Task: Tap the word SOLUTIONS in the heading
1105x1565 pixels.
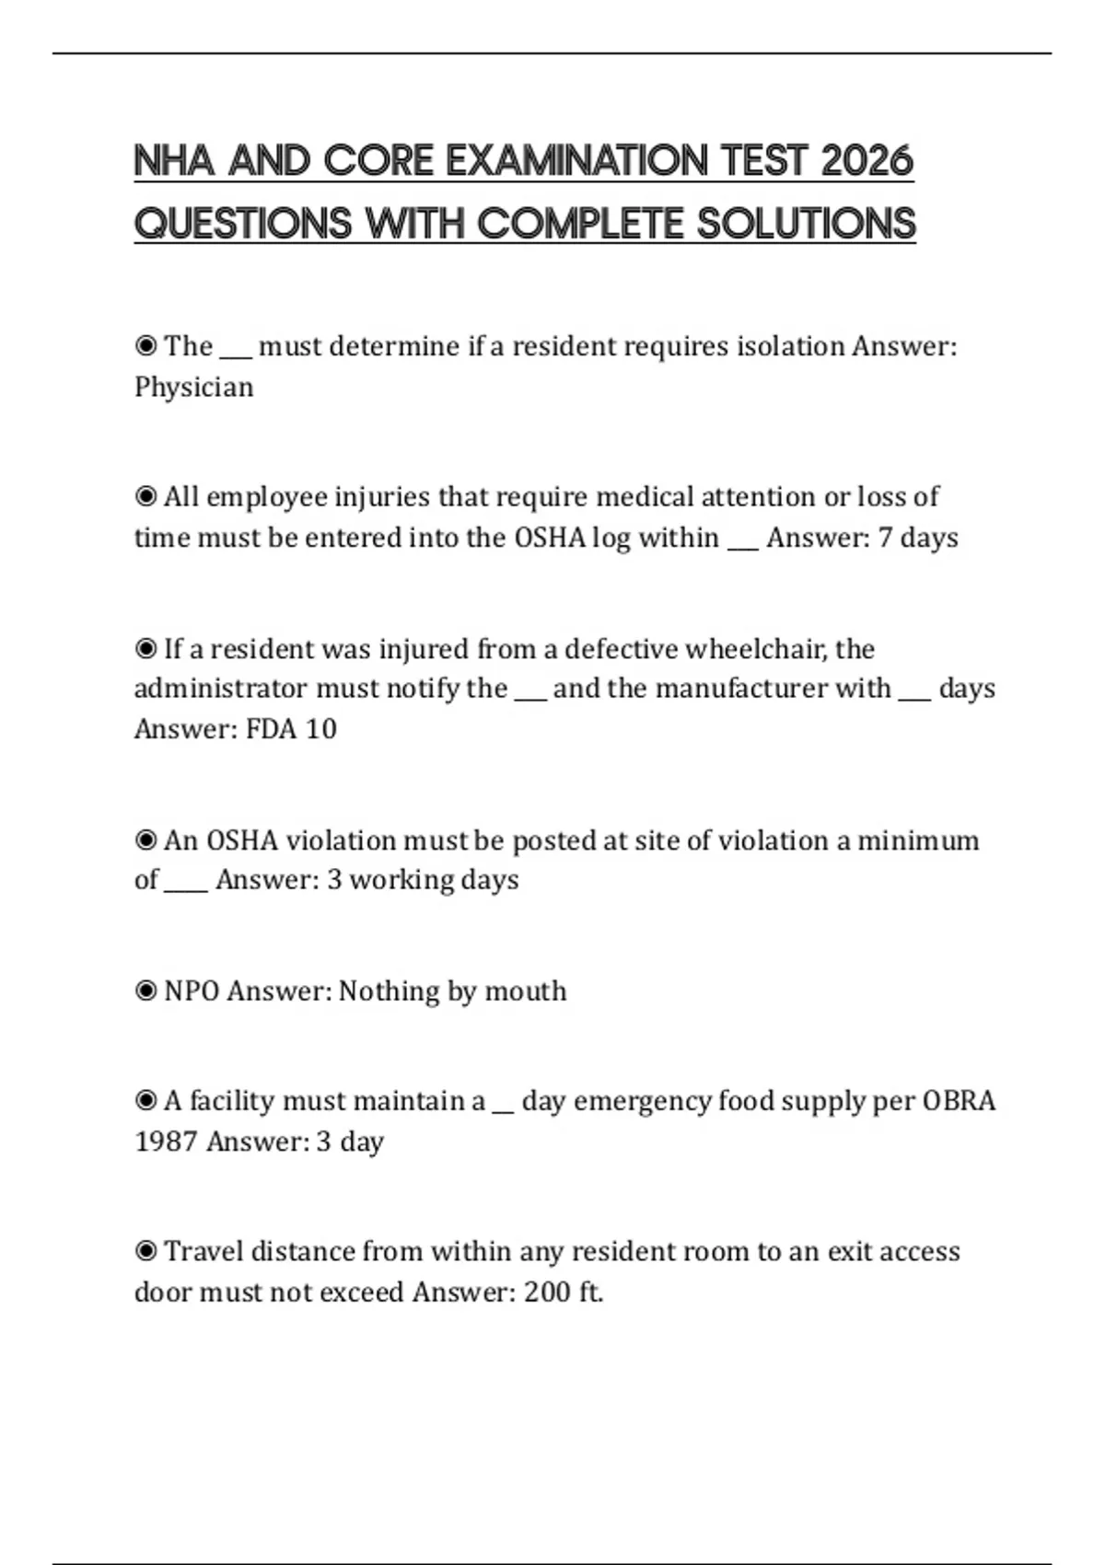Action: tap(806, 224)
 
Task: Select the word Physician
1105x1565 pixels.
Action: tap(193, 387)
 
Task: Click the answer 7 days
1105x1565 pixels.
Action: tap(918, 538)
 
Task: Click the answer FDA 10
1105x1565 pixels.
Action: tap(291, 729)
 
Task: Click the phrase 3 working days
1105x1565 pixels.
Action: tap(423, 880)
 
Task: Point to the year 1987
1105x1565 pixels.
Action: tap(166, 1142)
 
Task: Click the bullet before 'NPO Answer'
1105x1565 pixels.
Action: tap(145, 991)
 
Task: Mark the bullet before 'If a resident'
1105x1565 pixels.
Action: tap(145, 649)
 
